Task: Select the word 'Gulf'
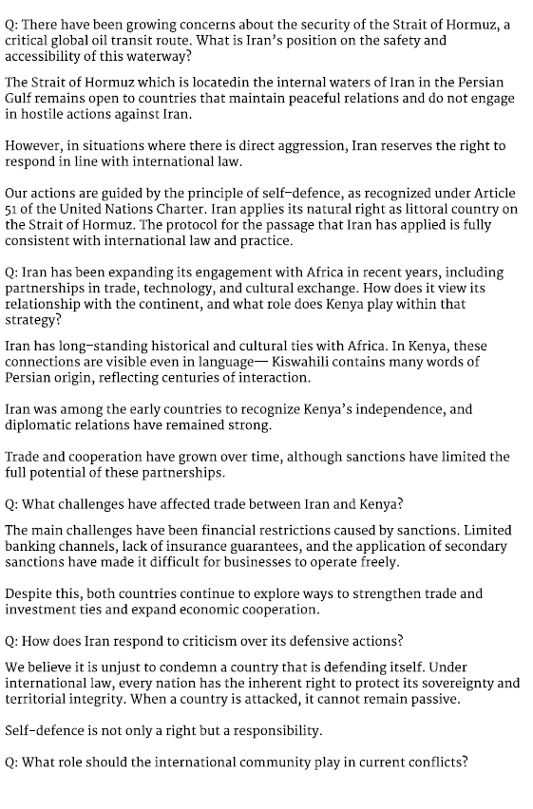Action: pos(20,99)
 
